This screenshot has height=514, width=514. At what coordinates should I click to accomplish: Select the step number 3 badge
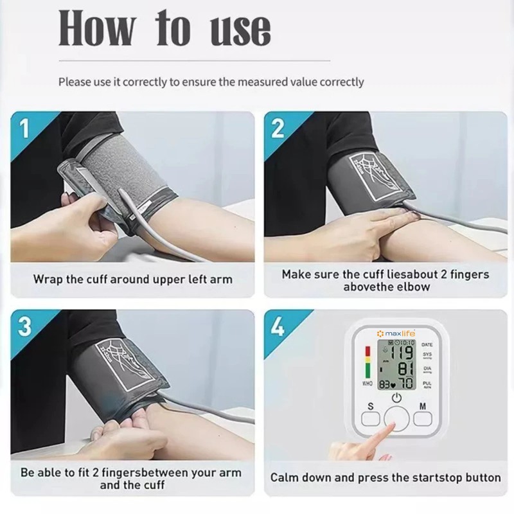[x=24, y=326]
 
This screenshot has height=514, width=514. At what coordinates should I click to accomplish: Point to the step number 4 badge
[x=278, y=326]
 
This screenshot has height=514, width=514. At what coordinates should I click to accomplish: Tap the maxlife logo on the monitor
[x=396, y=334]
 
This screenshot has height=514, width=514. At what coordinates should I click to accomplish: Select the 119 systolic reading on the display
[x=402, y=353]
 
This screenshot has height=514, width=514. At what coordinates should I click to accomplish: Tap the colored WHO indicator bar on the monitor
[x=368, y=362]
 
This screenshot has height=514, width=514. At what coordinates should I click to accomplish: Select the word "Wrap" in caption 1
[x=48, y=279]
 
